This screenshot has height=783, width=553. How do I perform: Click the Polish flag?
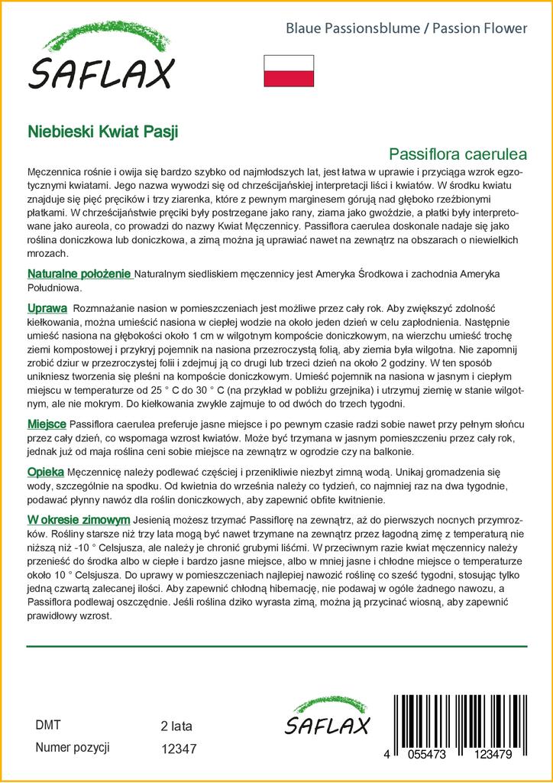pyautogui.click(x=289, y=70)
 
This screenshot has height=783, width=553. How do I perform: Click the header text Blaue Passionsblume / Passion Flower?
pyautogui.click(x=406, y=28)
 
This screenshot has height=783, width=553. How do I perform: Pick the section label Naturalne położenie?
pyautogui.click(x=79, y=275)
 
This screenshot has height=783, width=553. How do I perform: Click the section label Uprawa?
pyautogui.click(x=47, y=307)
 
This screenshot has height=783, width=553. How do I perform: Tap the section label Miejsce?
pyautogui.click(x=47, y=424)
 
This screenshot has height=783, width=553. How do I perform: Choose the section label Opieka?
pyautogui.click(x=45, y=473)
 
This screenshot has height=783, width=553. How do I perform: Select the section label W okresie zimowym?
pyautogui.click(x=73, y=520)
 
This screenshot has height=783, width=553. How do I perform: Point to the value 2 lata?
pyautogui.click(x=176, y=726)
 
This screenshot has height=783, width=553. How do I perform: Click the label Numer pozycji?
pyautogui.click(x=73, y=748)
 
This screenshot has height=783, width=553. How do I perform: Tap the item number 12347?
pyautogui.click(x=179, y=749)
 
